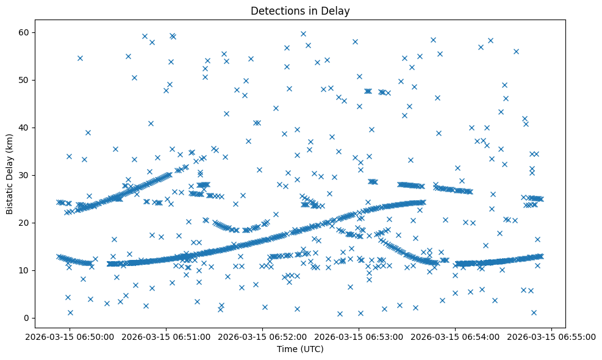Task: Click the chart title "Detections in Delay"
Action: pos(300,10)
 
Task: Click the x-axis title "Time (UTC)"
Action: pos(300,350)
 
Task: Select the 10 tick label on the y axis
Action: pos(24,270)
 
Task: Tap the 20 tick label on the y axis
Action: pos(24,223)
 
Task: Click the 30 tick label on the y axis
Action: pos(24,175)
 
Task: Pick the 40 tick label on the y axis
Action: pos(24,128)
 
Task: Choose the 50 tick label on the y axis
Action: pos(24,80)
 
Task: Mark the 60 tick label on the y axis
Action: pos(24,32)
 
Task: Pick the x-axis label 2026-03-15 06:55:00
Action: pos(551,336)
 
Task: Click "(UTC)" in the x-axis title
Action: pos(311,350)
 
